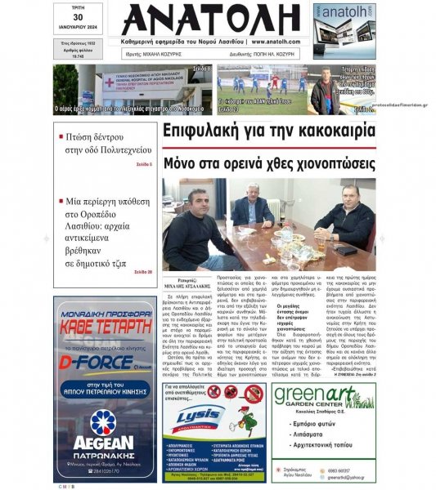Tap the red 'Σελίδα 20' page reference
pyautogui.click(x=142, y=271)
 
